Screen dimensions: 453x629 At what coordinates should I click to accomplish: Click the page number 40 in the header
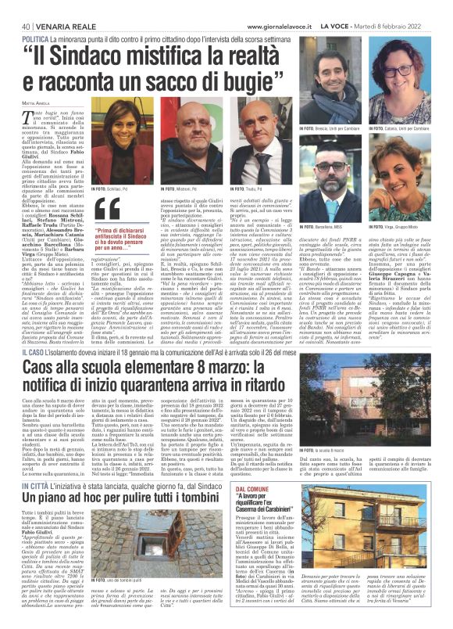tap(16, 7)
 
